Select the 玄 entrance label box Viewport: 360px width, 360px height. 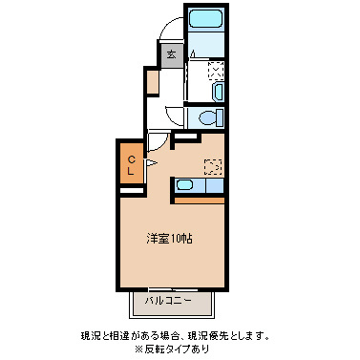pyautogui.click(x=171, y=54)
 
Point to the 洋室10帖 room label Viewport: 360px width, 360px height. pyautogui.click(x=168, y=238)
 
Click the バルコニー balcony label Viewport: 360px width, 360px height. pyautogui.click(x=168, y=302)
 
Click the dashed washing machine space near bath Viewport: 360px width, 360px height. pyautogui.click(x=216, y=69)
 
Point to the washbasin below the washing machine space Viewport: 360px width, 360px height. pyautogui.click(x=218, y=93)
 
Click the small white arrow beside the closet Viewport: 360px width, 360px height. pyautogui.click(x=149, y=163)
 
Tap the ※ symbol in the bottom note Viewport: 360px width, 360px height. pyautogui.click(x=138, y=349)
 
